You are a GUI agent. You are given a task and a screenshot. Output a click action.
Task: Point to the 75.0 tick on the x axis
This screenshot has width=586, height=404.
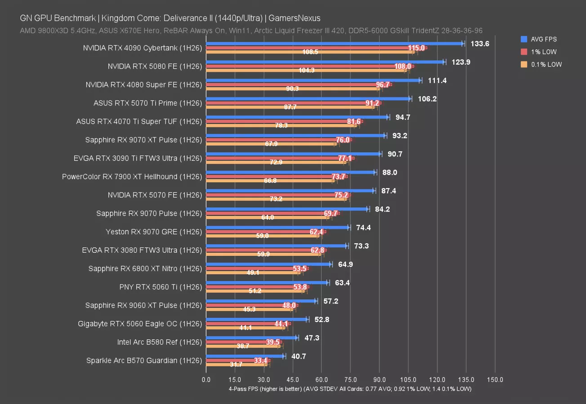click(350, 380)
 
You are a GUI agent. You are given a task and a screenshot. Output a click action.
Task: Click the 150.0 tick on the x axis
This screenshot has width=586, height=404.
click(495, 380)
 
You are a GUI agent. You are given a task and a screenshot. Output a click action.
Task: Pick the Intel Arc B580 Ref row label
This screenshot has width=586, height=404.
click(159, 342)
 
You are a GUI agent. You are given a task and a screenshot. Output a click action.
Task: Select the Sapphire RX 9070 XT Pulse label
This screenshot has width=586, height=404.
click(143, 140)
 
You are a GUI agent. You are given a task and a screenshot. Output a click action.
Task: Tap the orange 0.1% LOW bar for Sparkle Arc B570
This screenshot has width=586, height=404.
click(236, 364)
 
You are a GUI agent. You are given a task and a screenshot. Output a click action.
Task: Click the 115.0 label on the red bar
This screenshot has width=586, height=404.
click(416, 48)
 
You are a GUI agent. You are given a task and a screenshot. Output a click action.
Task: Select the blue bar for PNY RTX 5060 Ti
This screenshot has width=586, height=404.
click(267, 282)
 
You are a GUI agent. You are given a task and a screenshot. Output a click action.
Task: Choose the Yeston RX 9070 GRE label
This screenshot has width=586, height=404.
click(153, 232)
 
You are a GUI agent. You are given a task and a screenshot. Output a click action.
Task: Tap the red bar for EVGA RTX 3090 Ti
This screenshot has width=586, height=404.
click(279, 158)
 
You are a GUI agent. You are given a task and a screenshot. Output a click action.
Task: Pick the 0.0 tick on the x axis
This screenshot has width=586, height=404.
click(206, 380)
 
